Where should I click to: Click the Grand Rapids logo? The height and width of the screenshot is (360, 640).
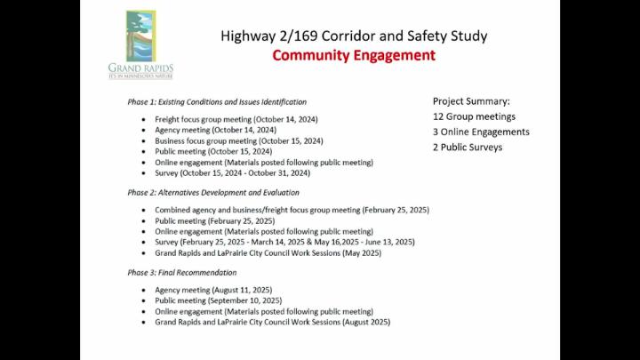[x=140, y=44]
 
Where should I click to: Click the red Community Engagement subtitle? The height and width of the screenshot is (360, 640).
[x=354, y=55]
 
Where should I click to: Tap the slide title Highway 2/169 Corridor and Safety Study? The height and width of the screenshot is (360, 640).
[x=354, y=36]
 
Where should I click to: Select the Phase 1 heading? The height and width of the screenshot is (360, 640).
[x=217, y=101]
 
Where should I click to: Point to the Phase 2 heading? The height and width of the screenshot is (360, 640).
[x=213, y=192]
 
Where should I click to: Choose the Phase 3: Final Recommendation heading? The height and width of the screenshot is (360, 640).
[x=181, y=272]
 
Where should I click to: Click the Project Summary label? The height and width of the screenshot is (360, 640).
[x=471, y=101]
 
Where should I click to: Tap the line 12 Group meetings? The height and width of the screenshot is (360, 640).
[x=474, y=116]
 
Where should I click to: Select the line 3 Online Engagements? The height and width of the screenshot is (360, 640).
[x=481, y=132]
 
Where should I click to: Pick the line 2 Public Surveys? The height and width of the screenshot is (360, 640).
[x=468, y=147]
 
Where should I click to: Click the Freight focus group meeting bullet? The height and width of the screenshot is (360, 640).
[x=236, y=119]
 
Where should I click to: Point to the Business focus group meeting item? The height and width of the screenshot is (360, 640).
[x=238, y=140]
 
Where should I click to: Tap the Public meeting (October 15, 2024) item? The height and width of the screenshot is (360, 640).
[x=213, y=151]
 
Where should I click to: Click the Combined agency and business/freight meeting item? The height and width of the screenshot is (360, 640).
[x=292, y=210]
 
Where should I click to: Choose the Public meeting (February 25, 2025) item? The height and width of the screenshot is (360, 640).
[x=214, y=220]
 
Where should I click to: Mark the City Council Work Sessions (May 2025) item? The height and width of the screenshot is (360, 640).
[x=268, y=252]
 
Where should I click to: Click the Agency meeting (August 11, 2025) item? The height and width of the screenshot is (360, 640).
[x=213, y=290]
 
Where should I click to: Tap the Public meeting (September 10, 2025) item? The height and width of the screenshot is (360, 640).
[x=218, y=300]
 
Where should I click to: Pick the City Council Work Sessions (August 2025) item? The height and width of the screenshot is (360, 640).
[x=272, y=322]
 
